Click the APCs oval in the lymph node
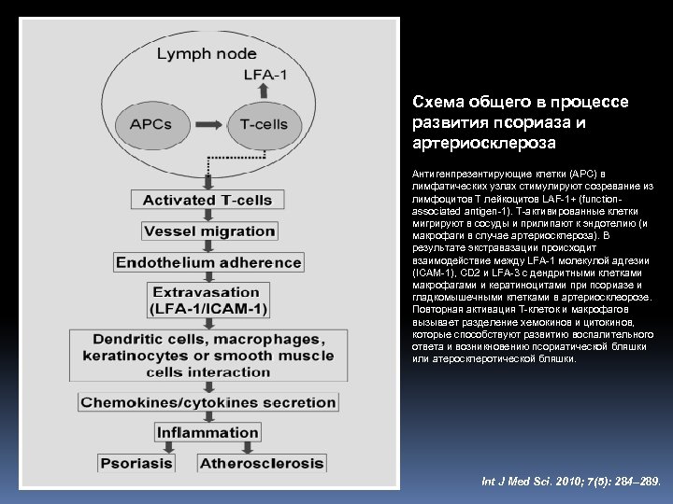[x=150, y=124]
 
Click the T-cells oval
[x=262, y=124]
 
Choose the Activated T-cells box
[x=208, y=200]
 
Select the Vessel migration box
[x=208, y=231]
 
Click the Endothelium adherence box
[x=208, y=262]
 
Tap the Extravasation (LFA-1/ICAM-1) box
[x=208, y=301]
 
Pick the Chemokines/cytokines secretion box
[x=208, y=402]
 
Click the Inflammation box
[x=208, y=433]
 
